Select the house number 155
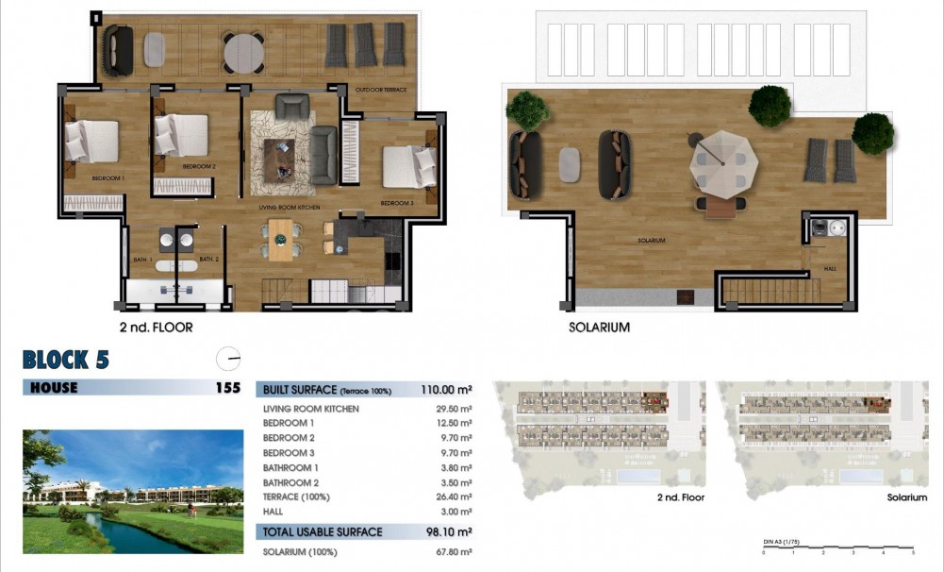click(x=227, y=387)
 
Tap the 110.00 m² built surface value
click(x=446, y=389)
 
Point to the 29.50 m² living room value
click(x=454, y=409)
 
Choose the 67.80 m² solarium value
click(x=453, y=552)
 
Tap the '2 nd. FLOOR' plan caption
click(x=157, y=328)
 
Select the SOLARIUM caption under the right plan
click(x=599, y=328)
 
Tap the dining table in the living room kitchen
click(x=281, y=238)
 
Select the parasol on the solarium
click(x=722, y=161)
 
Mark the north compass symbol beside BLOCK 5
click(x=228, y=359)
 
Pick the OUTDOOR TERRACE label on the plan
click(x=381, y=90)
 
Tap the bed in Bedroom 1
click(x=91, y=142)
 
